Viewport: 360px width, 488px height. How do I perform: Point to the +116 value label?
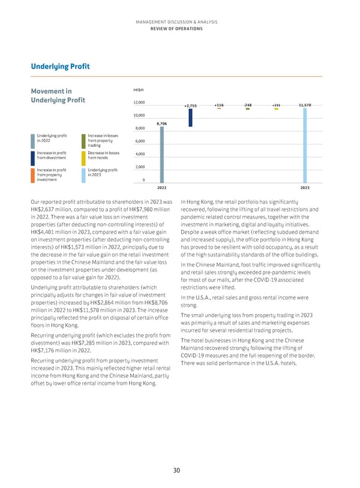pos(219,105)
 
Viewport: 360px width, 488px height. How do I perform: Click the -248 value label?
pos(248,105)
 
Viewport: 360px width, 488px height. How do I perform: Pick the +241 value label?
pos(276,105)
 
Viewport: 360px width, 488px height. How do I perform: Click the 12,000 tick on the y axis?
pos(139,102)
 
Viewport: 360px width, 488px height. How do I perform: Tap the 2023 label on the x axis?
pos(305,188)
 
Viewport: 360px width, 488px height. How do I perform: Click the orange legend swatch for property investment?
pos(32,174)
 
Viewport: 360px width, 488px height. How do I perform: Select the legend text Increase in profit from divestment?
pos(52,157)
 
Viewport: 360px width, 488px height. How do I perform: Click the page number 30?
pos(177,471)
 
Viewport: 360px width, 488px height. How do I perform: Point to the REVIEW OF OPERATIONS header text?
pos(180,28)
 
